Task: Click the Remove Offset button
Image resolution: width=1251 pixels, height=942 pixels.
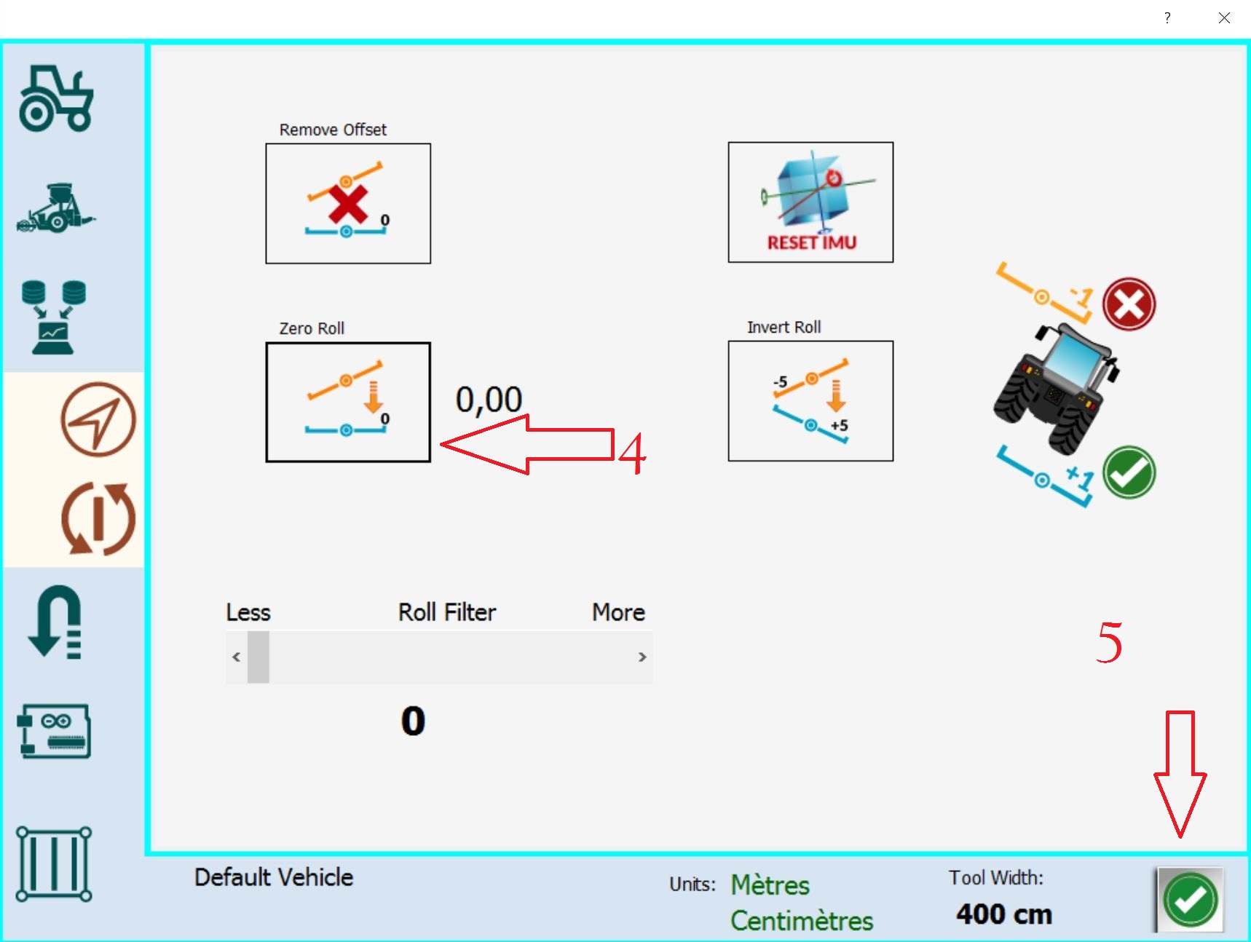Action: click(x=348, y=203)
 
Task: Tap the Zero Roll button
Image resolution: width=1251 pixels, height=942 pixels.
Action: click(x=348, y=402)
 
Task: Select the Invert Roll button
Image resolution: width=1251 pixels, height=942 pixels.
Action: click(x=810, y=401)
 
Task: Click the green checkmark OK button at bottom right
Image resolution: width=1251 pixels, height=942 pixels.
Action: click(x=1190, y=900)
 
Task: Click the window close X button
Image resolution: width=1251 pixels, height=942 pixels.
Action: click(x=1224, y=17)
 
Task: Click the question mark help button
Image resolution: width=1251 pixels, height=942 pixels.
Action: click(x=1167, y=17)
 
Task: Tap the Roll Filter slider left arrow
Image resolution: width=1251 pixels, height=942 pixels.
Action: click(x=236, y=657)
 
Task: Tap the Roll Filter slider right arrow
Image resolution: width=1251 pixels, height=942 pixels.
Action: click(x=642, y=657)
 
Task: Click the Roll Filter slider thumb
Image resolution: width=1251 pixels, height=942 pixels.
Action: click(x=259, y=657)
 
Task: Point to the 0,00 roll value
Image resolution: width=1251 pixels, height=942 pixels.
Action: click(x=489, y=400)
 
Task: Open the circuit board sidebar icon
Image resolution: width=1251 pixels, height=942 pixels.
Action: click(x=54, y=731)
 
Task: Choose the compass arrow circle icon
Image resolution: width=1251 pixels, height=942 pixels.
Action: click(x=98, y=419)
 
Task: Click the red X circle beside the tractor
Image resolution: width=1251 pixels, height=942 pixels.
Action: click(x=1129, y=304)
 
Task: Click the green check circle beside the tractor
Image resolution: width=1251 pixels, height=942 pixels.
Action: click(x=1129, y=472)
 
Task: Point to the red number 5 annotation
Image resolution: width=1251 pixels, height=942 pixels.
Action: click(x=1109, y=643)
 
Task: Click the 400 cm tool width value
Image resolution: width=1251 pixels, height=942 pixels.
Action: click(x=1004, y=914)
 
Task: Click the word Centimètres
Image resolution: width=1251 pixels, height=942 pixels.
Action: click(x=802, y=921)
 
